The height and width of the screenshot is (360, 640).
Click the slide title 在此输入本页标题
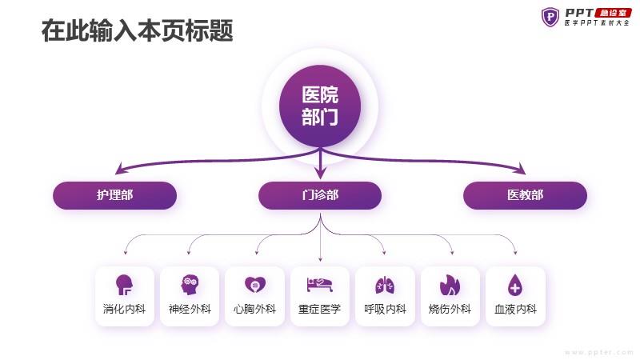pyautogui.click(x=137, y=30)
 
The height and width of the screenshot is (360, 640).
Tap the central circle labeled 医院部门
pyautogui.click(x=320, y=106)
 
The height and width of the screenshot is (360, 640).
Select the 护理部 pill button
pyautogui.click(x=114, y=195)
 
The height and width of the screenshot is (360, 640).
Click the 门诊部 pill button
pyautogui.click(x=320, y=195)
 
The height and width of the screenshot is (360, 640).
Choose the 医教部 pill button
pyautogui.click(x=525, y=195)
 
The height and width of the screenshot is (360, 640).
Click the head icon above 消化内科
pyautogui.click(x=124, y=285)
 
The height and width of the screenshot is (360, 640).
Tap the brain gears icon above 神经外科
pyautogui.click(x=190, y=285)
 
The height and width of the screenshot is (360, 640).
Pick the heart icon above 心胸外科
pyautogui.click(x=255, y=285)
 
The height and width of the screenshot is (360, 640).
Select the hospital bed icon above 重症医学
pyautogui.click(x=319, y=285)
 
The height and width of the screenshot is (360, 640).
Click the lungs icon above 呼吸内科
pyautogui.click(x=385, y=285)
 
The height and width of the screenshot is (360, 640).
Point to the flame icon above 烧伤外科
pyautogui.click(x=450, y=285)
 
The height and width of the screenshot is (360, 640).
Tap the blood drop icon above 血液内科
pyautogui.click(x=515, y=285)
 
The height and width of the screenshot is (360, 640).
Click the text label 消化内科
pyautogui.click(x=124, y=309)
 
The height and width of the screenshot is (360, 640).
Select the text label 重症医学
pyautogui.click(x=319, y=309)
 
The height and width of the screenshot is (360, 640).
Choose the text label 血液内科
pyautogui.click(x=515, y=309)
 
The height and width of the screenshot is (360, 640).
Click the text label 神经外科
pyautogui.click(x=190, y=309)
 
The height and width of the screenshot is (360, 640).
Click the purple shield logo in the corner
pyautogui.click(x=550, y=17)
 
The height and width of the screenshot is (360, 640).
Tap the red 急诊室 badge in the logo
pyautogui.click(x=613, y=13)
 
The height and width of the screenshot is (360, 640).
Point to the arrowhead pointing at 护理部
pyautogui.click(x=119, y=169)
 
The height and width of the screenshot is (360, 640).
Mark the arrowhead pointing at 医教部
pyautogui.click(x=522, y=169)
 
